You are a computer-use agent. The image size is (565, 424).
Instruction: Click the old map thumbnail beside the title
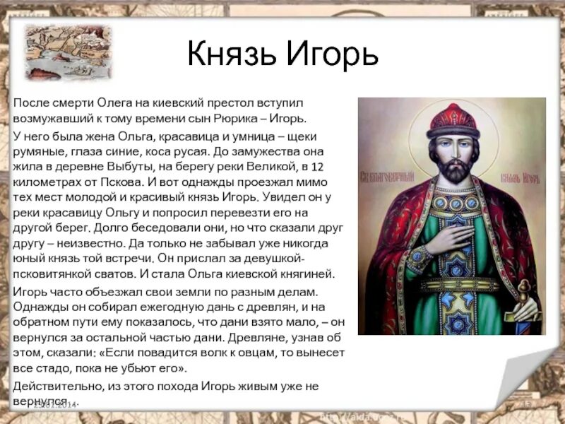point(58,51)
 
